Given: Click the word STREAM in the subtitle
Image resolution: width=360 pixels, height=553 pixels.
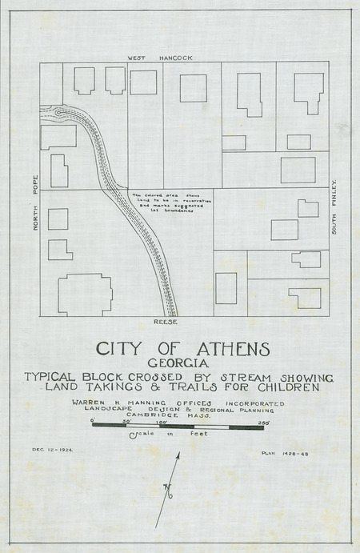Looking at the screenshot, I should [x=238, y=376].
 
